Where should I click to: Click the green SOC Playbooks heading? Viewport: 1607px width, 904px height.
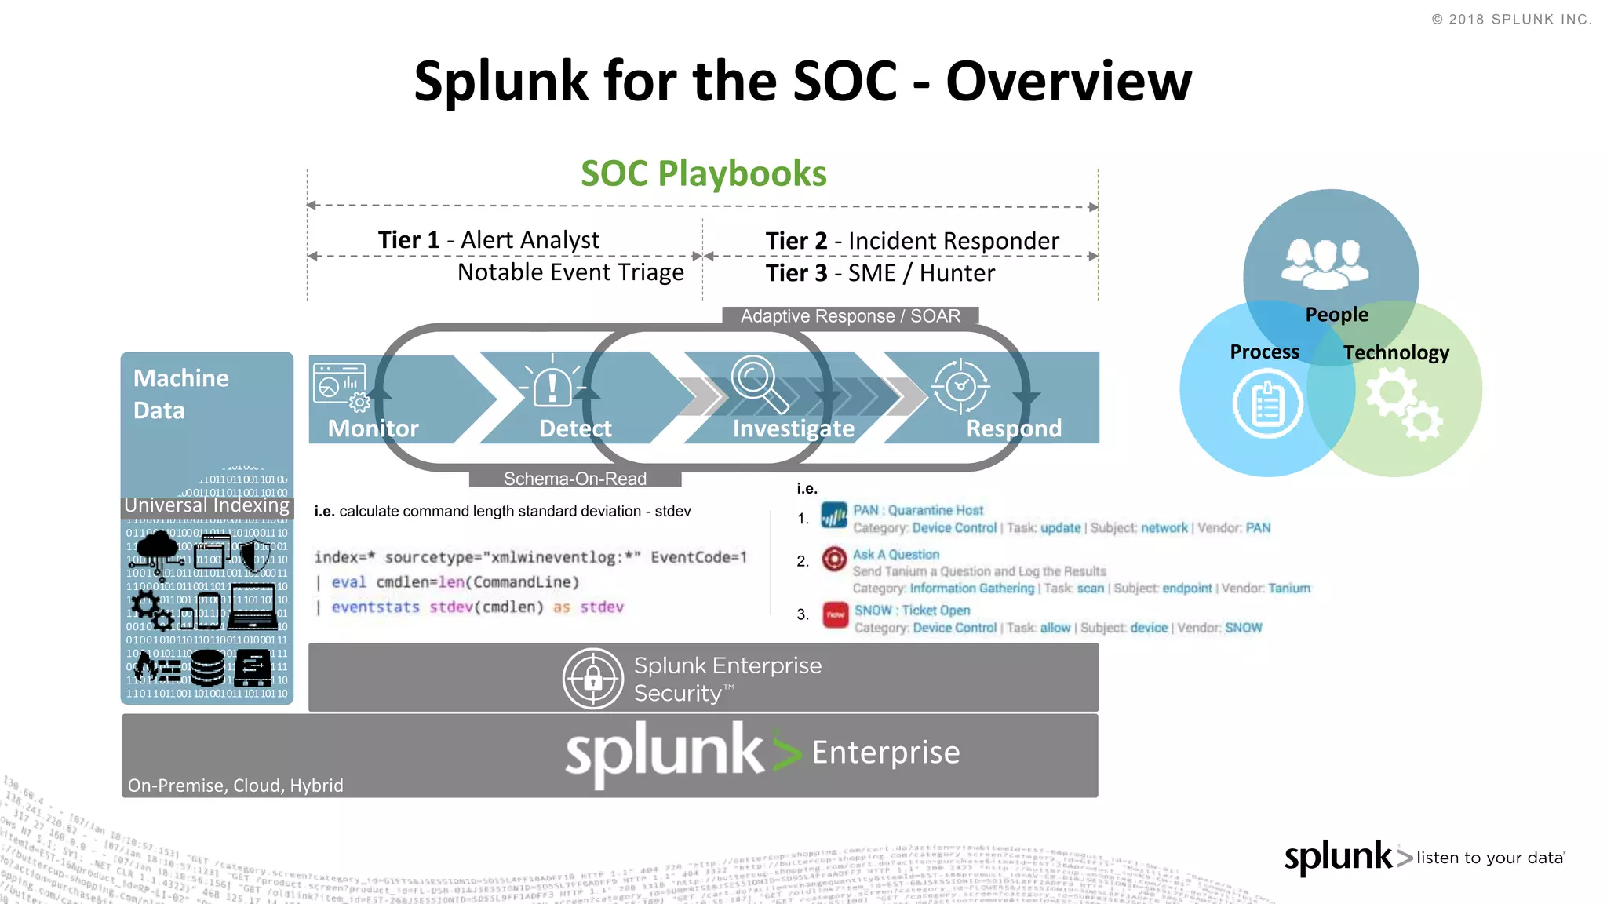[x=703, y=173]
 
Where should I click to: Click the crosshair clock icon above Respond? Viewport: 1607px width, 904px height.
[x=960, y=386]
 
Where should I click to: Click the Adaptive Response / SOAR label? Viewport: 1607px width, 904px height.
[x=851, y=316]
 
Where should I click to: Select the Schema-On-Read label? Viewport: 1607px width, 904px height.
[x=575, y=479]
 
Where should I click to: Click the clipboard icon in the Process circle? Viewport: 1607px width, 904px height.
[x=1267, y=404]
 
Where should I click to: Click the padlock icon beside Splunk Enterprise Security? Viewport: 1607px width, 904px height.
[x=593, y=679]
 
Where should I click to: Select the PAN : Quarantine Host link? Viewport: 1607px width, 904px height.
[x=918, y=510]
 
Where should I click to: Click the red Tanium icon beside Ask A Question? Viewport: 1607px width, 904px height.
[x=834, y=559]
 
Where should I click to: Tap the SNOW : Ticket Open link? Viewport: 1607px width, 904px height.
[x=912, y=611]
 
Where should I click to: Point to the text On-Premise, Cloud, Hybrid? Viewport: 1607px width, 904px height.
[x=235, y=786]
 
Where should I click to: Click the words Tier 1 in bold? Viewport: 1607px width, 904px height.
[x=408, y=240]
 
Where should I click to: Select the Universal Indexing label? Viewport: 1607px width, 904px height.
[x=207, y=505]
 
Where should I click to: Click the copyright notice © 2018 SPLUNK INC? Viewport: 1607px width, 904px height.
[x=1511, y=20]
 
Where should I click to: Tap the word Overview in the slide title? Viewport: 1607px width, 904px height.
[x=1069, y=81]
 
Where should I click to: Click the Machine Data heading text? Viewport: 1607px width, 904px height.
[x=181, y=394]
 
